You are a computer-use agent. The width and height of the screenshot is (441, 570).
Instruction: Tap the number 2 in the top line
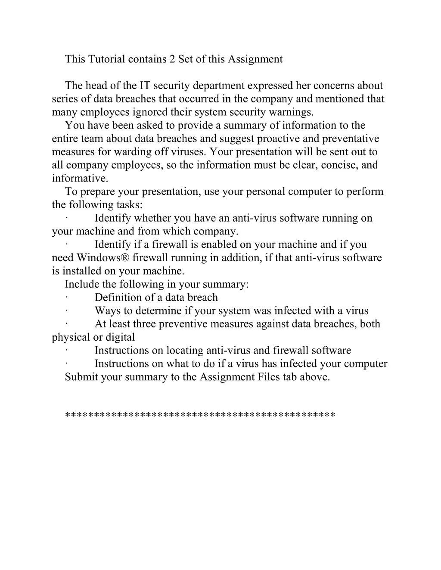172,59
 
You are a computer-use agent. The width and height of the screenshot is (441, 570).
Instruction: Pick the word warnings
293,112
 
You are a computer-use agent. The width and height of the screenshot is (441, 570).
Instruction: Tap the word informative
80,179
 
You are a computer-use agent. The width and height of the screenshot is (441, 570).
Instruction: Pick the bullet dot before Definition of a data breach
67,298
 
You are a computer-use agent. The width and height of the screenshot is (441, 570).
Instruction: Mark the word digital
120,337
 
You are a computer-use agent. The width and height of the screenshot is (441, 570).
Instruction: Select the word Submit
81,377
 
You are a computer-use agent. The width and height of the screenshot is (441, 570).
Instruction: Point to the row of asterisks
200,415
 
